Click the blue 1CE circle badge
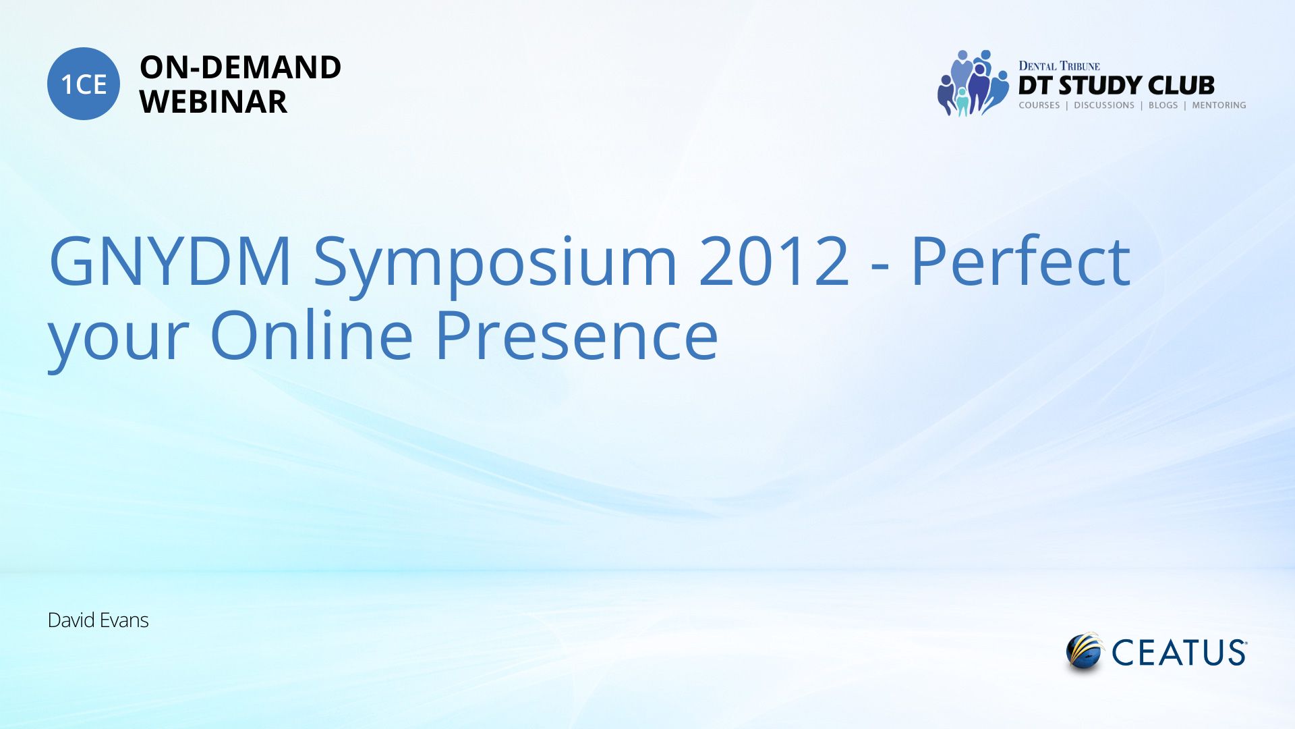(84, 84)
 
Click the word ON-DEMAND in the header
(240, 67)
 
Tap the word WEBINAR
(213, 102)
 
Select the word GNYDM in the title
(170, 261)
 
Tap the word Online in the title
(312, 333)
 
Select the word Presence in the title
(577, 335)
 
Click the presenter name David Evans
(98, 620)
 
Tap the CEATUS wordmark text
(1179, 653)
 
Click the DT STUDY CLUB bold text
(1116, 85)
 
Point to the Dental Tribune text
(1059, 65)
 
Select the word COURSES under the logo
(1039, 105)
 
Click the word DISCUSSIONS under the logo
(1104, 105)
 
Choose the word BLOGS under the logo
(1163, 105)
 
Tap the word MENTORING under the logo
(1219, 105)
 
